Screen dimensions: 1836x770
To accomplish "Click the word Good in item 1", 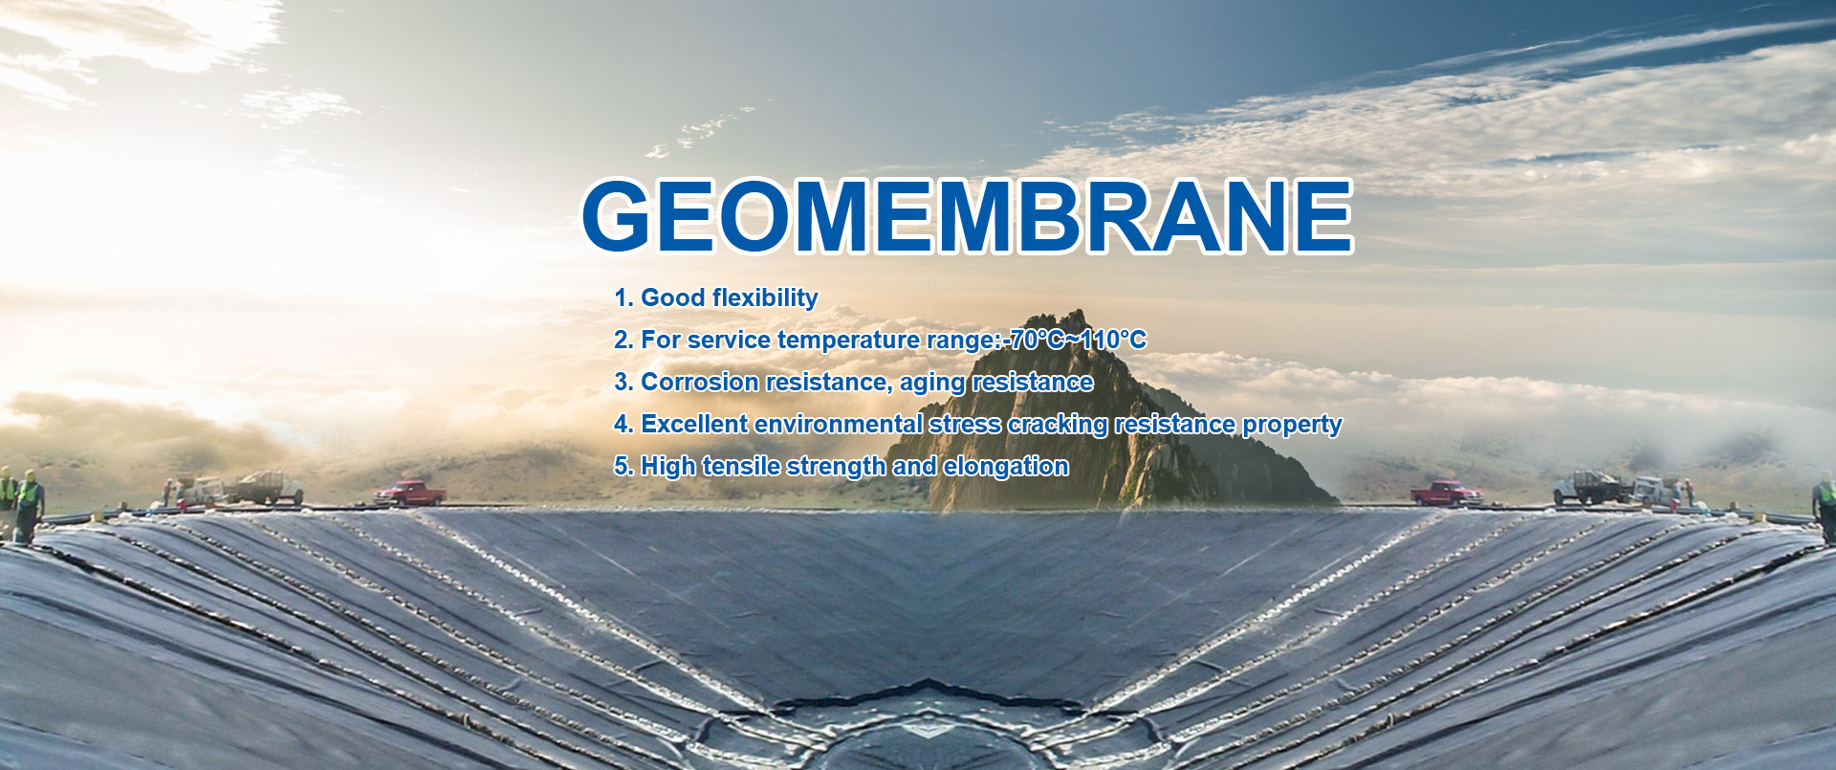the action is [672, 297].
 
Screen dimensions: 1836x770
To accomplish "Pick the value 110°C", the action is [1113, 340].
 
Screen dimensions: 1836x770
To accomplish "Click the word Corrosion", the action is [700, 382].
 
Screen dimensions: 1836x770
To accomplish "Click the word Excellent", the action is [694, 424].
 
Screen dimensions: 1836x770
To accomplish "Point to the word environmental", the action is [839, 424].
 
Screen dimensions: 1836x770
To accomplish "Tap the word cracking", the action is [1057, 426].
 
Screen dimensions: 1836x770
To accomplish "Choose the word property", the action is [1292, 426].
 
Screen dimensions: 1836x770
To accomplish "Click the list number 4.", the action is [621, 424].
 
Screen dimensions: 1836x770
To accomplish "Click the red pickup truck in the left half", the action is [410, 494].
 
